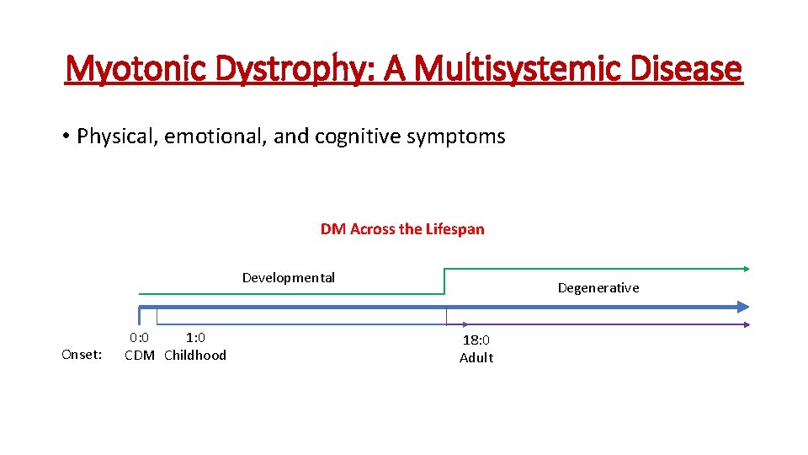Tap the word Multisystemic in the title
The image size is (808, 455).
pyautogui.click(x=521, y=68)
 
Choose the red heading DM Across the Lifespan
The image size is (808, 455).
pyautogui.click(x=402, y=229)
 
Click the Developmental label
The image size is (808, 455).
pyautogui.click(x=289, y=278)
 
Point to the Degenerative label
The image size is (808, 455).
pyautogui.click(x=598, y=288)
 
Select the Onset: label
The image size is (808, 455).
pyautogui.click(x=82, y=355)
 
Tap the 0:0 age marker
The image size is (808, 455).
pyautogui.click(x=139, y=338)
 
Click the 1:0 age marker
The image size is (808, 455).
pyautogui.click(x=195, y=338)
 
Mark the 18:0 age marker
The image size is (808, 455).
pyautogui.click(x=476, y=340)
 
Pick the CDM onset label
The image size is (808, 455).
pyautogui.click(x=140, y=356)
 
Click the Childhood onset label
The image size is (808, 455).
pyautogui.click(x=195, y=356)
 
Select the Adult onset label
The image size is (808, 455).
pyautogui.click(x=476, y=358)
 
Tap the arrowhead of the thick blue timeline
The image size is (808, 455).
pyautogui.click(x=742, y=307)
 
